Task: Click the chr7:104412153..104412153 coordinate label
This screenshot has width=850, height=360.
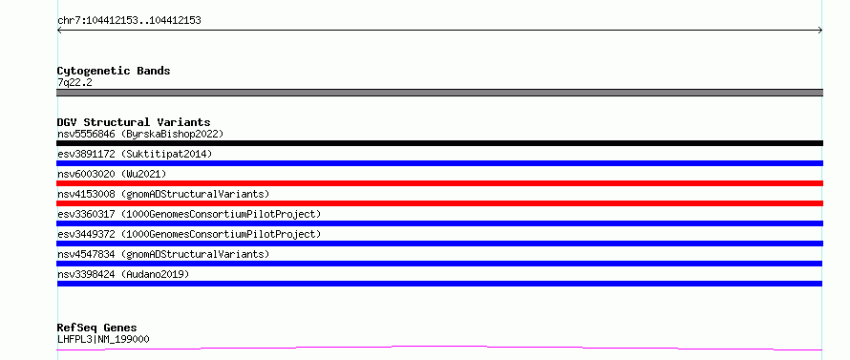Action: (129, 21)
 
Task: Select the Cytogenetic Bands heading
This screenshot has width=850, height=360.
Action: (114, 71)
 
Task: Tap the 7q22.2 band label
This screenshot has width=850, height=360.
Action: (74, 82)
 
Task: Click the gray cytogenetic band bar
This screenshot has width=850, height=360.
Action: (439, 93)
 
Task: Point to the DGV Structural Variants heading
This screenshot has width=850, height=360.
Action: (134, 122)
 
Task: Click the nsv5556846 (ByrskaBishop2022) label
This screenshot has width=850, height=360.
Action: (140, 134)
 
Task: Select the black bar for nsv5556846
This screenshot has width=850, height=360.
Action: (439, 143)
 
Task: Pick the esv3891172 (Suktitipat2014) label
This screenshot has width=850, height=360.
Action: (135, 154)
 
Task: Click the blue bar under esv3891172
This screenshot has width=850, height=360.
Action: (439, 163)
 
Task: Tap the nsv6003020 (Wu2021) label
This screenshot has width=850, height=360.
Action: (112, 174)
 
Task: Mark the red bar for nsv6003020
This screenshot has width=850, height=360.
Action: (439, 183)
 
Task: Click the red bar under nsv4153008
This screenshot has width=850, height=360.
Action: (439, 203)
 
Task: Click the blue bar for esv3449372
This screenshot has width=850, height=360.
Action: (439, 244)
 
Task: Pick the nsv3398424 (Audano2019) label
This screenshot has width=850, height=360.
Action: (123, 274)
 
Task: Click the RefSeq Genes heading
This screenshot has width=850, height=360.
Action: (96, 328)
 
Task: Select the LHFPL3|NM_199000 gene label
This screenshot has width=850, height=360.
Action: (103, 339)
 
